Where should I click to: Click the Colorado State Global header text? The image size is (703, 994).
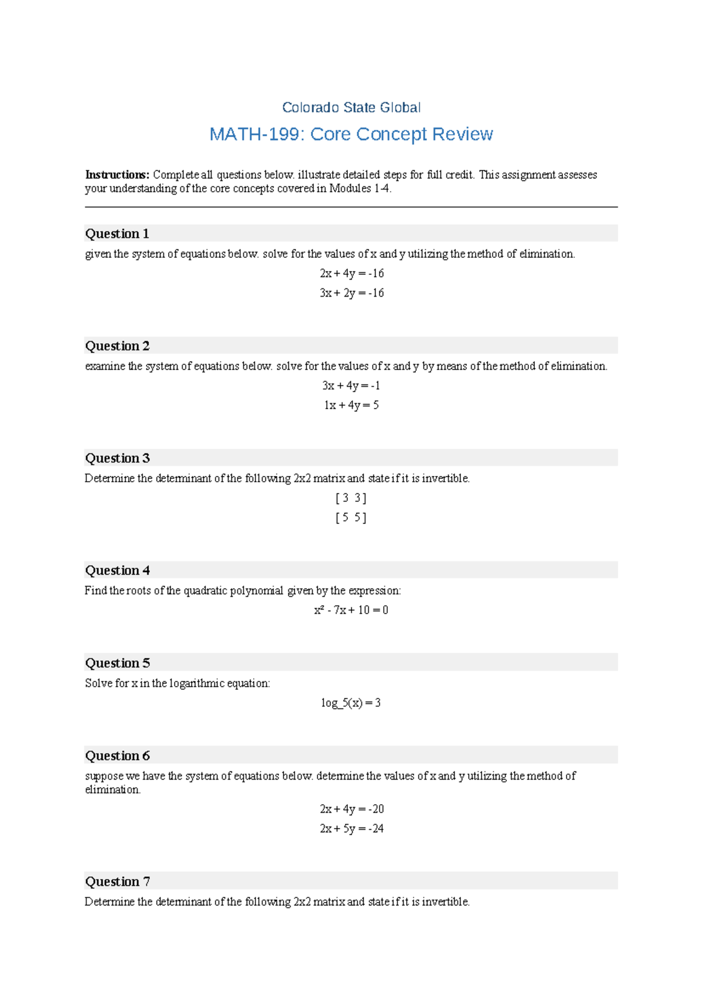point(351,108)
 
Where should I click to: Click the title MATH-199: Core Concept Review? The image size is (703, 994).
point(351,134)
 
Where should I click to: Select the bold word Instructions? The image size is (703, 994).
point(117,175)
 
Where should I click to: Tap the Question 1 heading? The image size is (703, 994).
point(117,234)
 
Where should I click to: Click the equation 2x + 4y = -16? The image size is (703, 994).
point(351,273)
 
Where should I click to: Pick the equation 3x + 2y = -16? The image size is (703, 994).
point(351,292)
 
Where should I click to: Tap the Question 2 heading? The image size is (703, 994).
point(117,346)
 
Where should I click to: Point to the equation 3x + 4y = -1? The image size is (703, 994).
point(351,386)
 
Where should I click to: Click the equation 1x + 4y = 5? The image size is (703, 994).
point(351,405)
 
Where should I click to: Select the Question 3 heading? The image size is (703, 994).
point(117,458)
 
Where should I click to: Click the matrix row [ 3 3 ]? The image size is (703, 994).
point(351,498)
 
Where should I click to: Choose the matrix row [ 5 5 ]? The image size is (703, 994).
point(351,518)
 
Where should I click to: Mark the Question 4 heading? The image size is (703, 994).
point(117,570)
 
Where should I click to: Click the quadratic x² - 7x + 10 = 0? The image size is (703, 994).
point(351,610)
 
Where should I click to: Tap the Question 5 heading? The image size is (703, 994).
point(117,663)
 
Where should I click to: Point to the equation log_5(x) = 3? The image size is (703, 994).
point(351,703)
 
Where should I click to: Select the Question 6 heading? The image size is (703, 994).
point(117,755)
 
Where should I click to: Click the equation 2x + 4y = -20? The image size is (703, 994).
point(351,809)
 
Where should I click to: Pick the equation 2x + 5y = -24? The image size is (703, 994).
point(351,828)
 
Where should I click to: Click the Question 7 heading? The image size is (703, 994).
point(117,881)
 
